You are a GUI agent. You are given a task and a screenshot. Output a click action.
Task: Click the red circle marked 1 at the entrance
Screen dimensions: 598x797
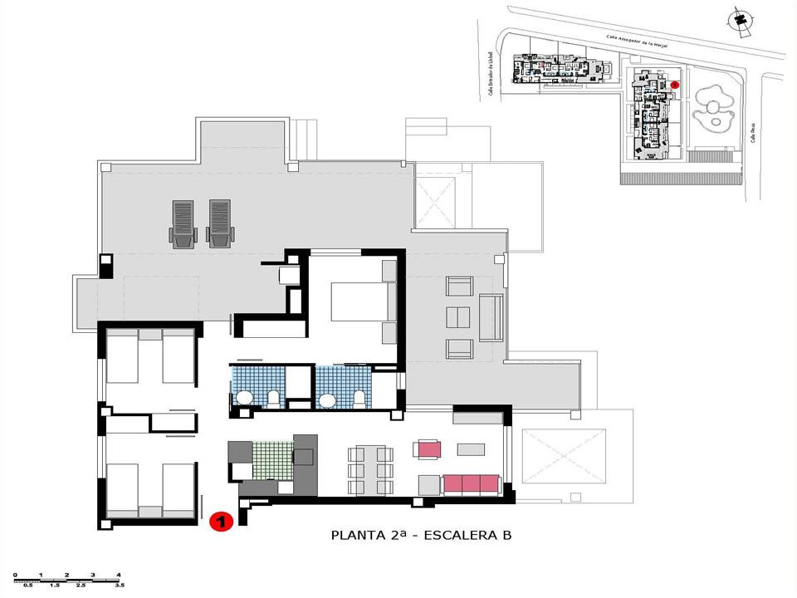(220, 522)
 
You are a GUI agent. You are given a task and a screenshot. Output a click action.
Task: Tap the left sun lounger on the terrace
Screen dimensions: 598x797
(183, 224)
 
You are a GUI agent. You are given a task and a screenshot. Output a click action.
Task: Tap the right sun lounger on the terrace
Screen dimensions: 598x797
(219, 224)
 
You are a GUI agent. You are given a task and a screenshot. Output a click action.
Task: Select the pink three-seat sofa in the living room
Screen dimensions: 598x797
(471, 484)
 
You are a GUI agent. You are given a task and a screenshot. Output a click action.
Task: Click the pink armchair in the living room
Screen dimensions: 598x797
(429, 449)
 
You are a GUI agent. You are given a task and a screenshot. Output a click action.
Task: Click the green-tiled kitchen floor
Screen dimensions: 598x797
(272, 459)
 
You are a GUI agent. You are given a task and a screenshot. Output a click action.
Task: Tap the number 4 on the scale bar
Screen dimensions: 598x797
(119, 575)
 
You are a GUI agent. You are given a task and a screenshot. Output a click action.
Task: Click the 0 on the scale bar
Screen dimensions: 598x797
(16, 575)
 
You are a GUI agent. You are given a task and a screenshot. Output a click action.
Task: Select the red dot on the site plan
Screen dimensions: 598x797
(675, 84)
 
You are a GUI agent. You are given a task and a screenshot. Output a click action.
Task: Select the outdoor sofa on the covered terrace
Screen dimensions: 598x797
(491, 317)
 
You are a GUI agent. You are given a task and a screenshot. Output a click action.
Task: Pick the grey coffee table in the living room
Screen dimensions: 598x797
(471, 449)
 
